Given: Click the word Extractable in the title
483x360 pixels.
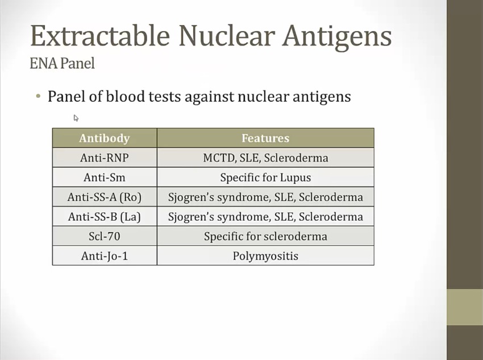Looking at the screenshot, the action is coord(100,36).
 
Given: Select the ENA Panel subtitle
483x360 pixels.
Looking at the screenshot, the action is coord(63,63).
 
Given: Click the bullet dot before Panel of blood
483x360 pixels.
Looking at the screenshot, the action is coord(38,96).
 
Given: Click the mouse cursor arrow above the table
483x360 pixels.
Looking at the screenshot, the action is coord(76,118).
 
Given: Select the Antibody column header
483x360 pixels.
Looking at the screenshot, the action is coord(105,138).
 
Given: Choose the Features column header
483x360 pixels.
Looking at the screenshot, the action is coord(265,138).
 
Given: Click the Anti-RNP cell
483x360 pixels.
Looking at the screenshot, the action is coord(105,158).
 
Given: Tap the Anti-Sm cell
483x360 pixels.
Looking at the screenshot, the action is coord(105,177).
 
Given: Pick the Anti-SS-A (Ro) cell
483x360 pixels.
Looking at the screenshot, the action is coord(105,197).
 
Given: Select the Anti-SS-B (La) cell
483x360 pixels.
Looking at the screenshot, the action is coord(105,217).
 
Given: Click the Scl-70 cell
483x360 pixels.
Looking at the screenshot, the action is coord(105,236).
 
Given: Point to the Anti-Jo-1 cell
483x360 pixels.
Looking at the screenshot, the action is coord(105,256).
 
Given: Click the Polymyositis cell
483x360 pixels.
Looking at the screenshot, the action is coord(265,256).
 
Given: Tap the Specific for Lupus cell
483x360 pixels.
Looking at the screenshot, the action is coord(265,177).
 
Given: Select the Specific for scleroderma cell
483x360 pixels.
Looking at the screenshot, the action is coord(265,237).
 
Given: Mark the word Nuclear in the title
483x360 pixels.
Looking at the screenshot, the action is coord(226,36).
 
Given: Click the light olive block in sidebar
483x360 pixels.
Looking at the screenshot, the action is coord(465,307).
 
